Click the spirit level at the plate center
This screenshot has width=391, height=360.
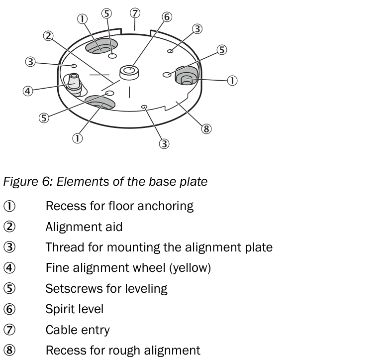click(129, 72)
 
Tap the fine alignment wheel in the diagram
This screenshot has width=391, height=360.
click(74, 84)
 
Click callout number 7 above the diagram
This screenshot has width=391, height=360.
click(135, 13)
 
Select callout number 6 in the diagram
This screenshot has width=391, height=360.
click(167, 17)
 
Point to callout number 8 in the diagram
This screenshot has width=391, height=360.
click(206, 129)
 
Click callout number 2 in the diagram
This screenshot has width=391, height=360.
click(48, 36)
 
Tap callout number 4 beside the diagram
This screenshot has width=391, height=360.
click(28, 91)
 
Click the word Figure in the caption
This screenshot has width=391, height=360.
click(20, 182)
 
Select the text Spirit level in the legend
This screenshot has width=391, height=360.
click(74, 309)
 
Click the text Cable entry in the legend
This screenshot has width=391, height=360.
click(78, 330)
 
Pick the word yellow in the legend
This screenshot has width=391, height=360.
click(191, 268)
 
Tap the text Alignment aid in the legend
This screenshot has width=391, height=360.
click(84, 227)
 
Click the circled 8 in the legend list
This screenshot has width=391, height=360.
click(9, 350)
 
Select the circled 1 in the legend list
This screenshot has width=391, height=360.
click(9, 206)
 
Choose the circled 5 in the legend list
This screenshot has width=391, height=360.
click(9, 288)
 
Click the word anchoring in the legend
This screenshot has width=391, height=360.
click(165, 206)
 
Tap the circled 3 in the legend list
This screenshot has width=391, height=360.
click(9, 247)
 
